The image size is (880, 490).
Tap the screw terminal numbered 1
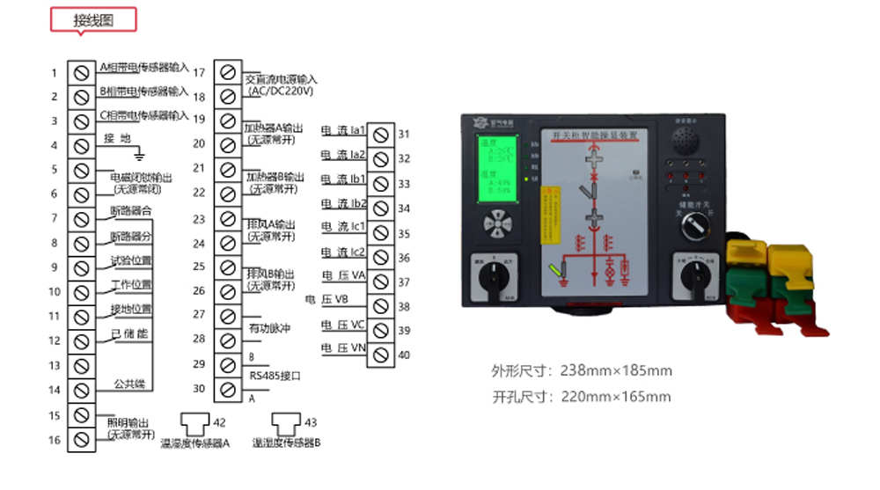click(x=81, y=71)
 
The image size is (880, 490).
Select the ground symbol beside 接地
click(x=138, y=152)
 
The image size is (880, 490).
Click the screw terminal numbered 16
click(x=81, y=439)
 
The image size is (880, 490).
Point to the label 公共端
click(x=129, y=384)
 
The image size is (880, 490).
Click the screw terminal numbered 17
click(x=228, y=71)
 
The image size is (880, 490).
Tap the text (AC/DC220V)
click(x=281, y=91)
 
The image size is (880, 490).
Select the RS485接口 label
click(x=275, y=376)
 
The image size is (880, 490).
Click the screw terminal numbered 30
click(x=228, y=388)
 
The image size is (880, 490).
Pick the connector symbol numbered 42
click(x=194, y=423)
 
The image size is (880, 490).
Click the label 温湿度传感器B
click(x=286, y=443)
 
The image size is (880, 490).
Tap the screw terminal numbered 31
click(x=380, y=135)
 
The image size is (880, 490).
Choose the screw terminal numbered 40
click(x=380, y=355)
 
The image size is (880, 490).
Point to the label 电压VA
click(x=343, y=276)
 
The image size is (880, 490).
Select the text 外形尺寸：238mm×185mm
click(x=582, y=370)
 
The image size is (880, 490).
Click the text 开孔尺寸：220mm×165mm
click(x=582, y=397)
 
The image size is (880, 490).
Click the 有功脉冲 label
click(x=269, y=328)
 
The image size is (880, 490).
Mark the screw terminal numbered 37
click(x=380, y=282)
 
